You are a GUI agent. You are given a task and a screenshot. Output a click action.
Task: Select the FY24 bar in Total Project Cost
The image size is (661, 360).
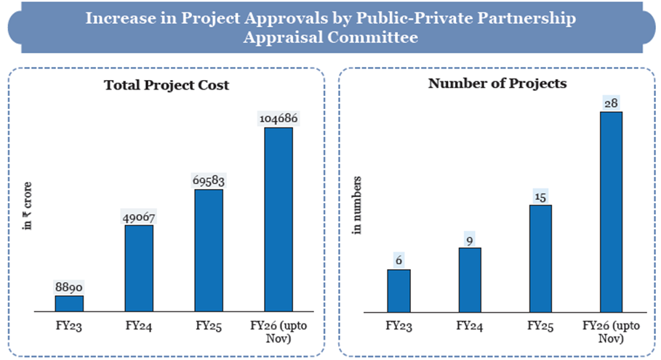[x=139, y=268]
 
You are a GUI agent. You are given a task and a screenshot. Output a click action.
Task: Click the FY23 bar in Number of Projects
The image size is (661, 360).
[x=398, y=291]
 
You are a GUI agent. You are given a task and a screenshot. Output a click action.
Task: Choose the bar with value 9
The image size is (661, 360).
[x=469, y=280]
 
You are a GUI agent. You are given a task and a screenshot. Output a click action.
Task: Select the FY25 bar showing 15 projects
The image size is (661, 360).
[x=540, y=259]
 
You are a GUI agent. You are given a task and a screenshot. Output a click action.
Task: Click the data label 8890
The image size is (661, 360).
[x=69, y=288]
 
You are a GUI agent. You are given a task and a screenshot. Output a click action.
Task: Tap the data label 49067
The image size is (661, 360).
[x=139, y=217]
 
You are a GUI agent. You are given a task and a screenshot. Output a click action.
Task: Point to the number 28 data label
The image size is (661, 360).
[x=611, y=103]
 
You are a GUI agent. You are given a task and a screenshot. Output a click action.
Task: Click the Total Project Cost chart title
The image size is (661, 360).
[x=167, y=85]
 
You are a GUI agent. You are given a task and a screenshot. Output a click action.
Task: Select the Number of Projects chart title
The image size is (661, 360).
[x=497, y=84]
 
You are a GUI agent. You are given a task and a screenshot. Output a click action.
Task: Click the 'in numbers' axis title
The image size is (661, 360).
[x=358, y=204]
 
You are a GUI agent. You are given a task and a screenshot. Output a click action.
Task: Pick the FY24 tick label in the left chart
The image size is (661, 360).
[x=139, y=326]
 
